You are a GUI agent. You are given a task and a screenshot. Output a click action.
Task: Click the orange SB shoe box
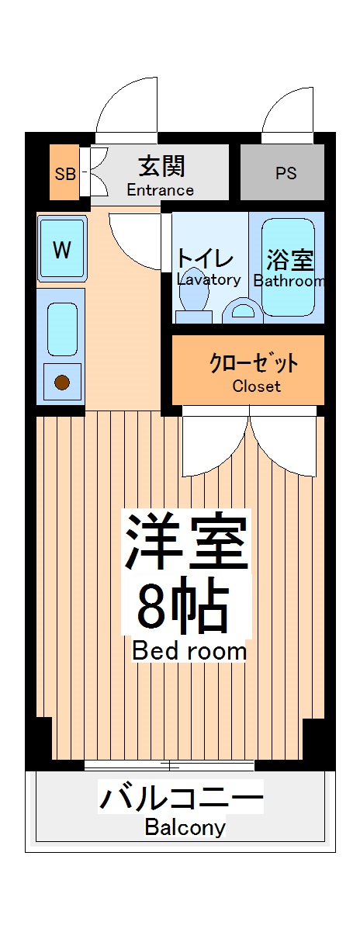coord(65,172)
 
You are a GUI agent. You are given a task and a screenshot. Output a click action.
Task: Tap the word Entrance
coord(160,190)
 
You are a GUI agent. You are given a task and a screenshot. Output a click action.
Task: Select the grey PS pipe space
coord(286,173)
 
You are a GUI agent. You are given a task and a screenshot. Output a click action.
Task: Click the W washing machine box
coord(62,250)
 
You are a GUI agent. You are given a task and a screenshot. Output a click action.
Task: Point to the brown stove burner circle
coord(61,381)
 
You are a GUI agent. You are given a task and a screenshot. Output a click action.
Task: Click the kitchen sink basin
coord(62,329)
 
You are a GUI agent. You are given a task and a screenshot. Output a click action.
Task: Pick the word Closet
coord(256,386)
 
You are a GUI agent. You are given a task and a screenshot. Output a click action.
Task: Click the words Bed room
coord(189,650)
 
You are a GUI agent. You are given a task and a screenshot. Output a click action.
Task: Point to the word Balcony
coord(185,827)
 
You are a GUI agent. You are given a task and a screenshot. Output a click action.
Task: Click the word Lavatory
coord(208,279)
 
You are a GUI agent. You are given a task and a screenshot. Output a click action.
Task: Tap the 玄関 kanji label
coord(161,167)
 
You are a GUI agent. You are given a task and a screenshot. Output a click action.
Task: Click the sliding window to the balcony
coord(169,765)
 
